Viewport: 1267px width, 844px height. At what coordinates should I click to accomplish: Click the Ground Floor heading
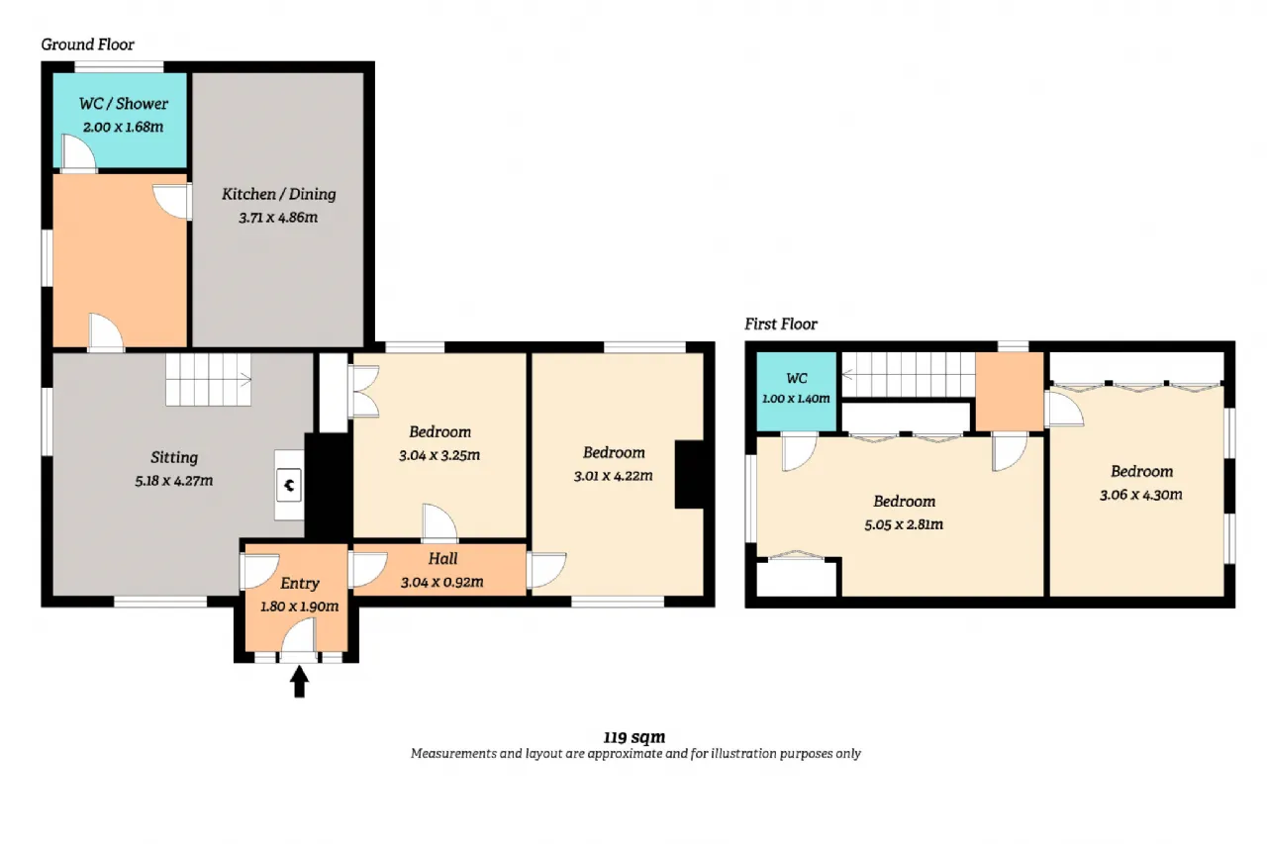click(x=88, y=45)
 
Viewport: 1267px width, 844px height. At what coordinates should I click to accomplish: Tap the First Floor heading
click(x=781, y=324)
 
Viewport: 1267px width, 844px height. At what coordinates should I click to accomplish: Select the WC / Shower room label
click(x=124, y=104)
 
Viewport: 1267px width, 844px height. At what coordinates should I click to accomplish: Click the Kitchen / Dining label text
click(x=279, y=194)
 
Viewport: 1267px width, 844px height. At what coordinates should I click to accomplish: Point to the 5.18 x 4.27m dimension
click(x=173, y=481)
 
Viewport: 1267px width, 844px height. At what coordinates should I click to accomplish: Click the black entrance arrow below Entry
click(x=299, y=681)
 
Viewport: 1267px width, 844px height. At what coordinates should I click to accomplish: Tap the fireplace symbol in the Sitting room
click(x=289, y=485)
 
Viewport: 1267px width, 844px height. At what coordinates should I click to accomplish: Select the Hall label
click(x=442, y=558)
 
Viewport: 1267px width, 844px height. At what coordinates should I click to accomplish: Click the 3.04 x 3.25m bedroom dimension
click(x=439, y=455)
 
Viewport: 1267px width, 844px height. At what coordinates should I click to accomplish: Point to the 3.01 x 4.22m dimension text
click(x=613, y=476)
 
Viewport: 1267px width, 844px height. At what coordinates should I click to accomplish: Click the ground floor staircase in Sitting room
click(x=208, y=379)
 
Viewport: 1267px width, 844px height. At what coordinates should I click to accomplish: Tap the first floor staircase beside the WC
click(x=909, y=374)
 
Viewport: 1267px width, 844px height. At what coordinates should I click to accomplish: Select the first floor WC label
click(x=797, y=378)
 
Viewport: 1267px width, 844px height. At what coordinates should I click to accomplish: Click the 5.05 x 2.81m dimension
click(x=904, y=524)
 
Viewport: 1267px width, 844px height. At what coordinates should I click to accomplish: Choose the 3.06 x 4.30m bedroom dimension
click(x=1141, y=495)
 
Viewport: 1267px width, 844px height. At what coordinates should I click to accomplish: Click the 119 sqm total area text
click(x=634, y=737)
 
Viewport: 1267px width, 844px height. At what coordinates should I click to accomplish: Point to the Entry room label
click(x=300, y=584)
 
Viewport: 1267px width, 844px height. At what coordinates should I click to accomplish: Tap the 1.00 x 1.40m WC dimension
click(x=796, y=399)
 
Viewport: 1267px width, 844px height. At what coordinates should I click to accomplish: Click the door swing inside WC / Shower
click(x=78, y=151)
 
